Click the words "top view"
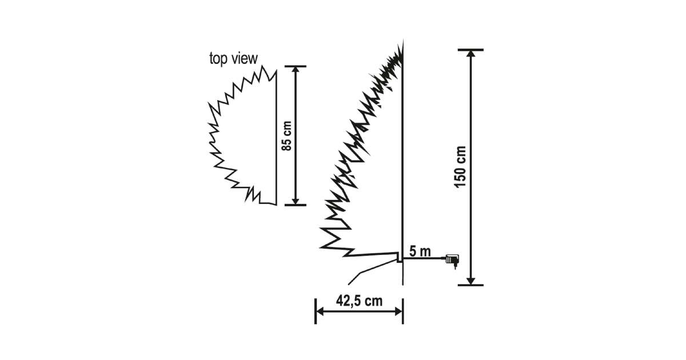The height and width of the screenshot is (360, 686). pos(233,58)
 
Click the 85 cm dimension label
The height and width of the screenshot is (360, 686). pos(287,136)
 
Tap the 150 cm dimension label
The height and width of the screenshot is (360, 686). pos(460,167)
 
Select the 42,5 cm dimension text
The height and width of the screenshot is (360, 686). pos(359,301)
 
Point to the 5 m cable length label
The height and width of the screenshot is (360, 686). pos(420,251)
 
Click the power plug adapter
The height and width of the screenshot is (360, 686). pos(452,260)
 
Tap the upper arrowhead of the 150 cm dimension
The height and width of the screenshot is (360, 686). pos(470,53)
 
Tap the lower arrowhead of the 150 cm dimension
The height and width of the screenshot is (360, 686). pos(470,281)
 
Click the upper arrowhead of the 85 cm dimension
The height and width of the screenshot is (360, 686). pos(295,70)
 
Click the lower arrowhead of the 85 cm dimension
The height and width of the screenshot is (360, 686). pos(295,201)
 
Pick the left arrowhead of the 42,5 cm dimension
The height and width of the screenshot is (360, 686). pos(320,311)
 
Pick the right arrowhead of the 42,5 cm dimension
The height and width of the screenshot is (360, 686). pos(398,311)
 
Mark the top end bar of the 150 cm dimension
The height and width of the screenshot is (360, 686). pos(470,50)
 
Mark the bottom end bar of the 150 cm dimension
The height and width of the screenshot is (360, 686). pos(470,285)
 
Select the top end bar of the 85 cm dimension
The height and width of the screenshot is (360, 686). pos(295,66)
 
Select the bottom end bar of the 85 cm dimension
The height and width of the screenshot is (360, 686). pos(295,205)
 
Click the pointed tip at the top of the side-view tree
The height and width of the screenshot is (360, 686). pos(402,40)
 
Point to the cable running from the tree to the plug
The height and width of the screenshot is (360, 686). pos(424,258)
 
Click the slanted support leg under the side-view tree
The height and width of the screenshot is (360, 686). pos(372,271)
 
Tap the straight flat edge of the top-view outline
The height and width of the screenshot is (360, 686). pos(276,138)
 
